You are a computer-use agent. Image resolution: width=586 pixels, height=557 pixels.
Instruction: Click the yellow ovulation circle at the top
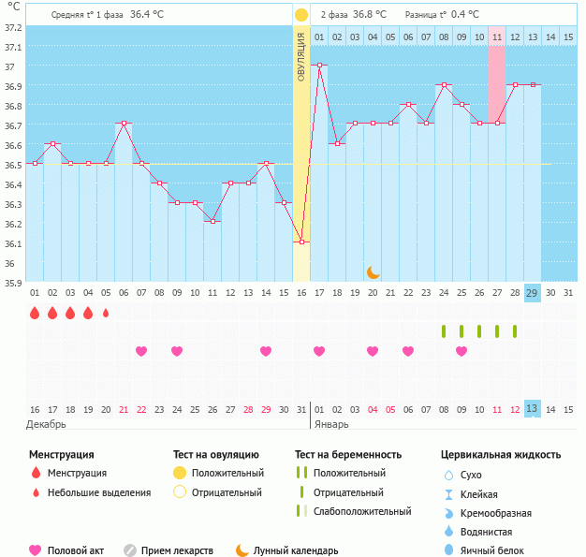pos(300,15)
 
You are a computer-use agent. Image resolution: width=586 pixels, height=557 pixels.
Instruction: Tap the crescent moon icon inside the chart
pos(373,271)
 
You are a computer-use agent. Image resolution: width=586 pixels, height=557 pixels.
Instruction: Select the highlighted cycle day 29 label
pos(532,292)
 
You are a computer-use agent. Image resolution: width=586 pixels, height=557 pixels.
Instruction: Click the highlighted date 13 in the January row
pos(532,409)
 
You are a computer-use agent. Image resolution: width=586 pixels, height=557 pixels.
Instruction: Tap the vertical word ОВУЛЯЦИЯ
pos(301,56)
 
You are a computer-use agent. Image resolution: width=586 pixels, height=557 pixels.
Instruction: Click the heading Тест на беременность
pos(348,455)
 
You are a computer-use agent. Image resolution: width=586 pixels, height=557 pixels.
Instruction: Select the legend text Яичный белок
pos(504,551)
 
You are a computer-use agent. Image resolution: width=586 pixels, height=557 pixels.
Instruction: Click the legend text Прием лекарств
pos(177,551)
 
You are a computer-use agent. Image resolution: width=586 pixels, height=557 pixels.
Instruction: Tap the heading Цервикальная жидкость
pos(501,455)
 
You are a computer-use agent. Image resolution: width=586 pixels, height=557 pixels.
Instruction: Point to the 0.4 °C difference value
pos(466,15)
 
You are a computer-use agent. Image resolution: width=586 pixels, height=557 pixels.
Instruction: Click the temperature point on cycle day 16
pos(301,242)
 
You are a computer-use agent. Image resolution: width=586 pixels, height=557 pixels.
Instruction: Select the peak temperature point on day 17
pos(319,66)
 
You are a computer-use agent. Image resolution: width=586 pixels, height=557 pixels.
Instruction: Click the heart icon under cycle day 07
pos(141,351)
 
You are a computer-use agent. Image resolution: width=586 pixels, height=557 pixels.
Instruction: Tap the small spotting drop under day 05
pos(106,313)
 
